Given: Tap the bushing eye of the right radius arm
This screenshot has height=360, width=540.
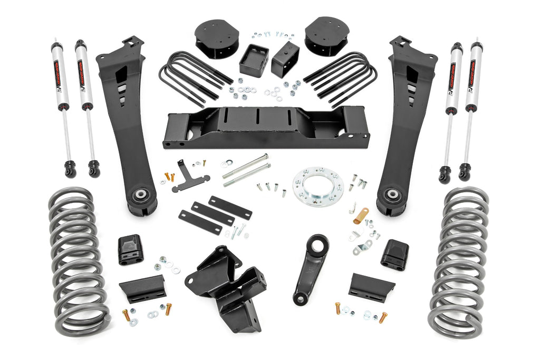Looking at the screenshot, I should pos(392,196).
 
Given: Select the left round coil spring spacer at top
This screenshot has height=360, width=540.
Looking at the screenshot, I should pos(216,38).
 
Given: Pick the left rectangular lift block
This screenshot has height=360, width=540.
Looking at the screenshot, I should pos(254,60).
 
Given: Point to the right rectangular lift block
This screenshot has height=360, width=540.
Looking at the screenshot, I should pos(285,60).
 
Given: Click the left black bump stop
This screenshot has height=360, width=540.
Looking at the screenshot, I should pos(130,249).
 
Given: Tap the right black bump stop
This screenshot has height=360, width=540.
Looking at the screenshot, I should pos(395,255).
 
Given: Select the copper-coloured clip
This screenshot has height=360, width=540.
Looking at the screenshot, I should pos(361,216).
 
